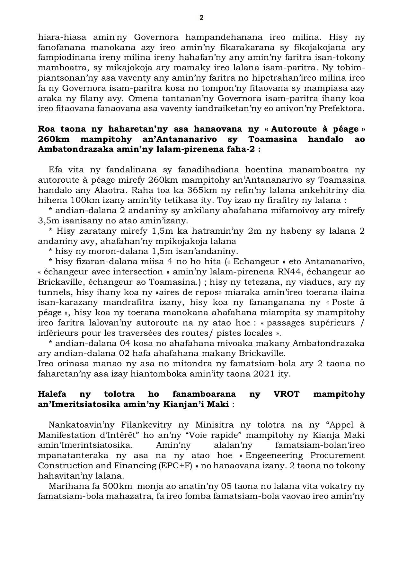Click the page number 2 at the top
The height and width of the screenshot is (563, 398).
click(201, 18)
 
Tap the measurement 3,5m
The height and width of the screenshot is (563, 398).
click(48, 221)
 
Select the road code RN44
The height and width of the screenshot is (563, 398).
click(289, 272)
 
